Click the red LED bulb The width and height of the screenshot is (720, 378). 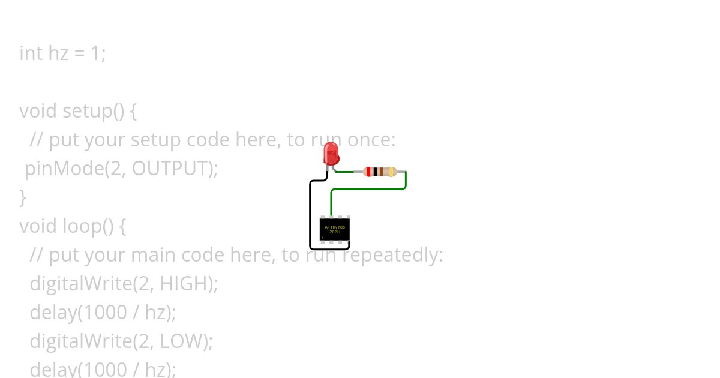tap(331, 154)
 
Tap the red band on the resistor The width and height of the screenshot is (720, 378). tap(368, 172)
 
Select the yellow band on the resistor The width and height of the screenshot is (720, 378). tap(392, 172)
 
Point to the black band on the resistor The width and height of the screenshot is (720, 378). tap(375, 172)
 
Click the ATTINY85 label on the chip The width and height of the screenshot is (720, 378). tap(335, 227)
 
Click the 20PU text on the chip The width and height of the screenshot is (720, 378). tap(335, 232)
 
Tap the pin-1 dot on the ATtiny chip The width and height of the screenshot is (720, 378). tap(323, 238)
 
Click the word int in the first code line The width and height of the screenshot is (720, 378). tap(31, 53)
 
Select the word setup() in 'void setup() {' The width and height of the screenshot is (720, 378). tap(93, 111)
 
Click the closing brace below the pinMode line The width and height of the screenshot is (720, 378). tap(23, 197)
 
